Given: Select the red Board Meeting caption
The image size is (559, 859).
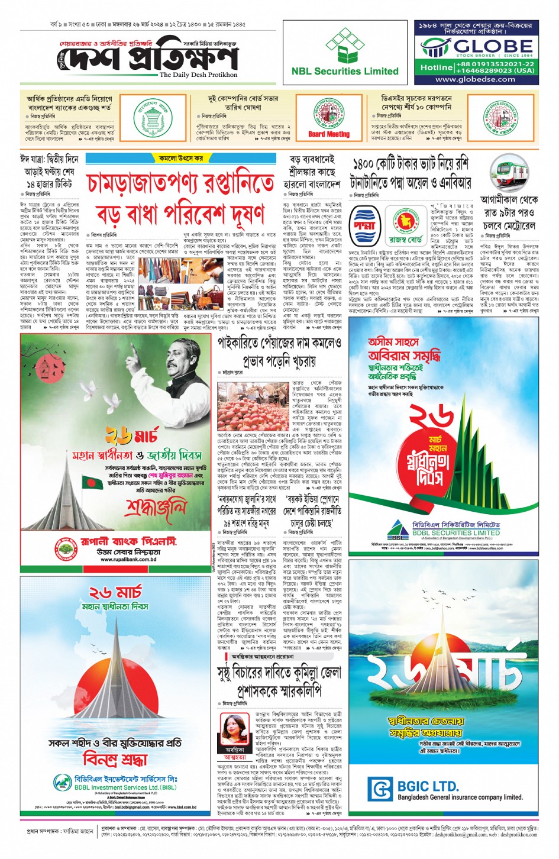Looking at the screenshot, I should tap(328, 134).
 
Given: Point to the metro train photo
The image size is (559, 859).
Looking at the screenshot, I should tap(513, 171).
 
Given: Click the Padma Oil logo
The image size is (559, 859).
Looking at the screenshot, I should tap(364, 225).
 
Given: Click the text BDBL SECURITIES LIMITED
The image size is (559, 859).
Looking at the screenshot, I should tap(455, 532).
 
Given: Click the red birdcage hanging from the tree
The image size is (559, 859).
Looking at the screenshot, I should tap(43, 369).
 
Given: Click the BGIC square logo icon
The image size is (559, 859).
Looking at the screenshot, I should tap(380, 789).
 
